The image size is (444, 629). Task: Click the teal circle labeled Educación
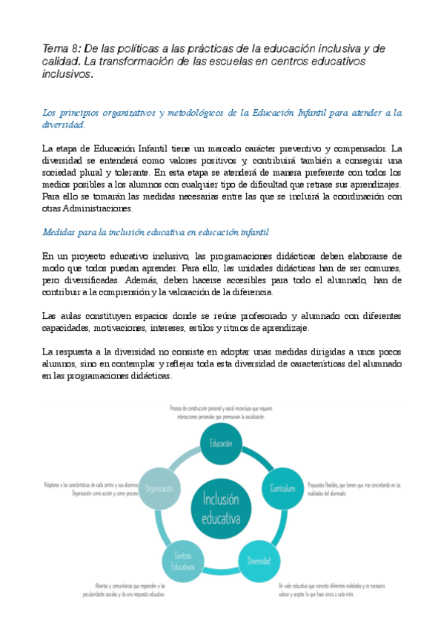coord(222,444)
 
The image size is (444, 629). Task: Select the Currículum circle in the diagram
coord(283,489)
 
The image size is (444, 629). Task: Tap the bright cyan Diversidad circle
coord(259,561)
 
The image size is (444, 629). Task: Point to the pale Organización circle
coord(159,489)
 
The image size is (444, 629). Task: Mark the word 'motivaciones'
coord(125,328)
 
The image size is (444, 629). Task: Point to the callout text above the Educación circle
coord(222,412)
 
